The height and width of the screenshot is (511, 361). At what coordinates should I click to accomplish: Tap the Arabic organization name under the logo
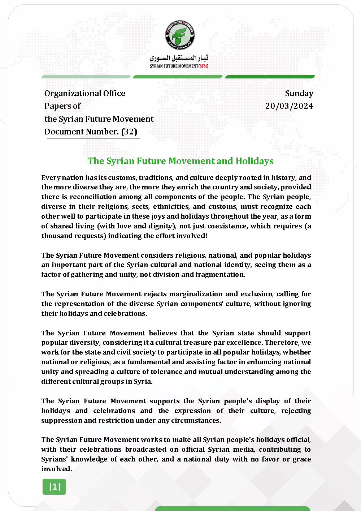pos(179,58)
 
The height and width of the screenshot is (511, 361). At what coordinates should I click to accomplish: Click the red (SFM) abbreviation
pos(204,66)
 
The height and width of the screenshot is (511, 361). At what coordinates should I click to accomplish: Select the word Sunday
pos(299,93)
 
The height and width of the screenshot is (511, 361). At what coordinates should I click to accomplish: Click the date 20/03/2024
pos(289,106)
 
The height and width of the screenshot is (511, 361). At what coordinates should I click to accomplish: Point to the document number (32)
pos(129,132)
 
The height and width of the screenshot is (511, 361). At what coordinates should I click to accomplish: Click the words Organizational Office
pos(85,93)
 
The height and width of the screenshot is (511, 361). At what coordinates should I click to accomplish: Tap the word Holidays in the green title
pos(255,161)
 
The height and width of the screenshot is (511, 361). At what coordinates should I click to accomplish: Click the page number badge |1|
pos(55,487)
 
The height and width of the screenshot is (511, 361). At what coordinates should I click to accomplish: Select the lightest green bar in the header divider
pos(86,77)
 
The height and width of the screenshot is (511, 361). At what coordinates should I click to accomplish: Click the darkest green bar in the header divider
pos(270,77)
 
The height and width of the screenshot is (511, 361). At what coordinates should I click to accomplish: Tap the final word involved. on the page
pos(57,469)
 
